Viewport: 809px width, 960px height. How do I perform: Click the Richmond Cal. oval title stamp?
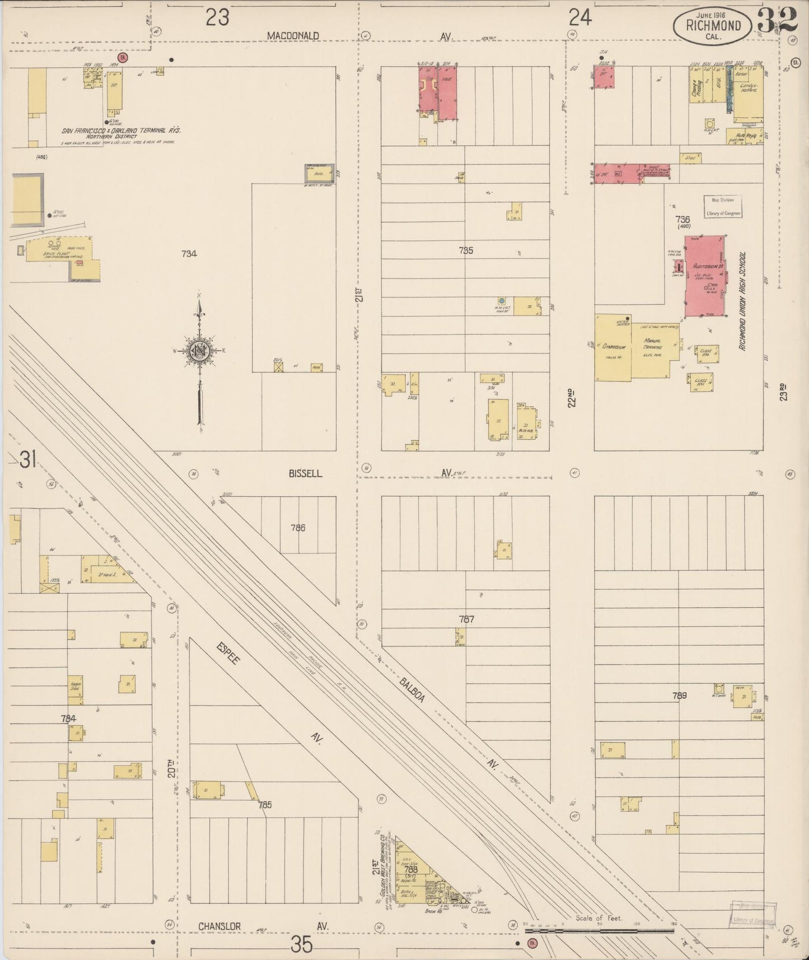713,25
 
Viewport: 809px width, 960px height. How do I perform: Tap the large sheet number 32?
777,21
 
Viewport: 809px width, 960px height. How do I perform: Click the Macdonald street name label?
292,36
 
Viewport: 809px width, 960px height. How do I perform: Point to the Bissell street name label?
305,473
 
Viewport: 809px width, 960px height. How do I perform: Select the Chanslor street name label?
219,927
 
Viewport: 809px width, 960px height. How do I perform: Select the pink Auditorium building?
704,276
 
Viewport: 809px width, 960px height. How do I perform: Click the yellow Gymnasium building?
612,347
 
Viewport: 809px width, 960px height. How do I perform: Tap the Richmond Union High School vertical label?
742,301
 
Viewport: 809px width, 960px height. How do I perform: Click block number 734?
189,254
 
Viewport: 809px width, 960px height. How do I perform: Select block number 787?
466,619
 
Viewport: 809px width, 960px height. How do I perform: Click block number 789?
679,696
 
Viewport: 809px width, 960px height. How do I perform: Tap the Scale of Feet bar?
599,930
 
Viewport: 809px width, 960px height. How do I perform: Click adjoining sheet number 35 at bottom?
301,945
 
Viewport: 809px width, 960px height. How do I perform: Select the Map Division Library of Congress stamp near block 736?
723,206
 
